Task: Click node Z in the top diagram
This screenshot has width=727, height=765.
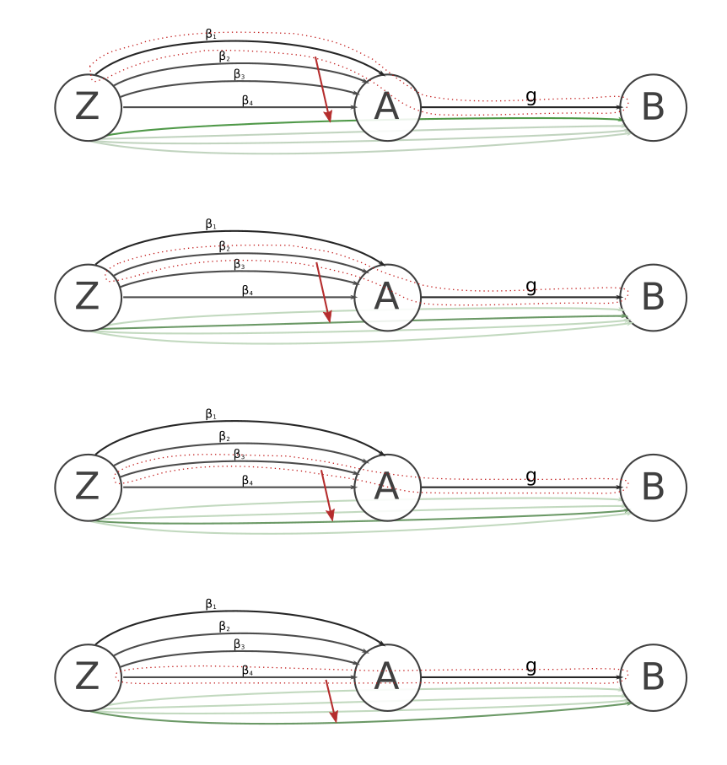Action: [x=88, y=108]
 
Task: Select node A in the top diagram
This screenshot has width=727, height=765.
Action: [x=387, y=108]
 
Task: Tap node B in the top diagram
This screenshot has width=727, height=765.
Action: [x=653, y=108]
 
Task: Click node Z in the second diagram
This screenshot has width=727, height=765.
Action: [x=88, y=298]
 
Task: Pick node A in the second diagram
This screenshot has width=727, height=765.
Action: [x=387, y=298]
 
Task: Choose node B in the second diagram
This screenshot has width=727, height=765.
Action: [x=653, y=298]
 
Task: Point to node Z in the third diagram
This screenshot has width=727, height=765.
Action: [x=88, y=488]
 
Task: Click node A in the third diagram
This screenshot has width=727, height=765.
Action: [x=387, y=488]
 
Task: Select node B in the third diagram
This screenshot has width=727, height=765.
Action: [x=653, y=488]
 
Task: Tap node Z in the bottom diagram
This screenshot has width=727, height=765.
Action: [x=88, y=677]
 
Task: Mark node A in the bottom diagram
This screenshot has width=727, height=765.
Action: [x=387, y=677]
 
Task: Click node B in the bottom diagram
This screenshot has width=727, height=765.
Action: [x=653, y=677]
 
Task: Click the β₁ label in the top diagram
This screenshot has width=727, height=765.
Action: [x=211, y=35]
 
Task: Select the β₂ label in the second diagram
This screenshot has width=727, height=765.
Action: [x=224, y=246]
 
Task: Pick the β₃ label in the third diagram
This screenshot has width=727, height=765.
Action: [x=240, y=455]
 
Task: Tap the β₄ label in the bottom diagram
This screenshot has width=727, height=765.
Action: [x=247, y=671]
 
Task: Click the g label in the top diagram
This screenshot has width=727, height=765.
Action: [x=530, y=96]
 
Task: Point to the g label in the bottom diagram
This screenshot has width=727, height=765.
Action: [x=530, y=666]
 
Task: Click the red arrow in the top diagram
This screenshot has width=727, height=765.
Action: [x=323, y=89]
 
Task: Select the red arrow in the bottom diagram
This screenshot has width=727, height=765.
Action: [x=331, y=701]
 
